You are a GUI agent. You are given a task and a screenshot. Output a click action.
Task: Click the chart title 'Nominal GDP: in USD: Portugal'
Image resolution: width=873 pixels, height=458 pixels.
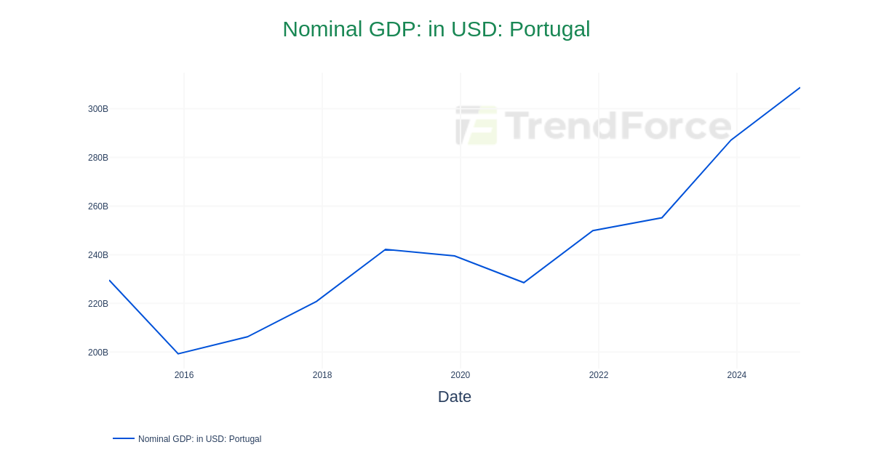436,29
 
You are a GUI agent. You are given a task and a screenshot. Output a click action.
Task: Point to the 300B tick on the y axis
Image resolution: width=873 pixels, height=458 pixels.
97,109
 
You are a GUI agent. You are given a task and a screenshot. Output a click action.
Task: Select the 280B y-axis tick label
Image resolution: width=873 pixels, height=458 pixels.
97,158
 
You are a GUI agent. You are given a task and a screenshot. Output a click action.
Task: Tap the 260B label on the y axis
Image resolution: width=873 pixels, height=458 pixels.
97,206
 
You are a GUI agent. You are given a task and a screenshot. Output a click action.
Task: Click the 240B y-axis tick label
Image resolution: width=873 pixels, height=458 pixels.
97,255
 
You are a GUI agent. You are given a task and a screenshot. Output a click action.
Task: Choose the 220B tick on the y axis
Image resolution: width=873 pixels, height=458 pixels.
97,304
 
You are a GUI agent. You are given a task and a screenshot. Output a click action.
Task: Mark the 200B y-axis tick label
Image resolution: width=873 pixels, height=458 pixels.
97,353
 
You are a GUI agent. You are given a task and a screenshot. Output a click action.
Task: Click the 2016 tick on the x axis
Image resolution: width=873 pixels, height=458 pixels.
184,375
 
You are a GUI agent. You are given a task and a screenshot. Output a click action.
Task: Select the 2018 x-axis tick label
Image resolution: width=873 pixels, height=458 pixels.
322,375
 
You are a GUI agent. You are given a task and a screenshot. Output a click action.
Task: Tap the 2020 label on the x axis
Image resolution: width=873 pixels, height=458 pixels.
461,375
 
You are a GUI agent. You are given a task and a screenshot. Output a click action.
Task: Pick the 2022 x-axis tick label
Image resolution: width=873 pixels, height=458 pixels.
599,375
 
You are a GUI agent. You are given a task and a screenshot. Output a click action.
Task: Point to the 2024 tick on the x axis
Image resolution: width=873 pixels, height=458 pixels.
737,375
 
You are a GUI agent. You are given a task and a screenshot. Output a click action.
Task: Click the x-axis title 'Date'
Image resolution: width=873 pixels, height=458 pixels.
454,397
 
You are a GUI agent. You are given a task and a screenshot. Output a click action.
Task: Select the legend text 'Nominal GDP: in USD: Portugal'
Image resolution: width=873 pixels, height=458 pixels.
199,439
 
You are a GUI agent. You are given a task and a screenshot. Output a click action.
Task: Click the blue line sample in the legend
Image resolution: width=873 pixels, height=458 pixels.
124,438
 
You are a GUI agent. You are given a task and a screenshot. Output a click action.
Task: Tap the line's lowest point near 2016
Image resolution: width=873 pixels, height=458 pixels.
178,354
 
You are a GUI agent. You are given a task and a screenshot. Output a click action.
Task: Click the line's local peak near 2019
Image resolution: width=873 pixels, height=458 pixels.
386,249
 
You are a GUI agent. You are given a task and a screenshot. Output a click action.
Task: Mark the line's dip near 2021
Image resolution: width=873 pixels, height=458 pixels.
524,283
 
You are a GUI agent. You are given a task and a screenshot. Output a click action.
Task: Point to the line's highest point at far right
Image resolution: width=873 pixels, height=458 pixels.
800,88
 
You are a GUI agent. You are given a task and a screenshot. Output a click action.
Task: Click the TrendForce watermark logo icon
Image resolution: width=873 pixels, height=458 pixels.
477,125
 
